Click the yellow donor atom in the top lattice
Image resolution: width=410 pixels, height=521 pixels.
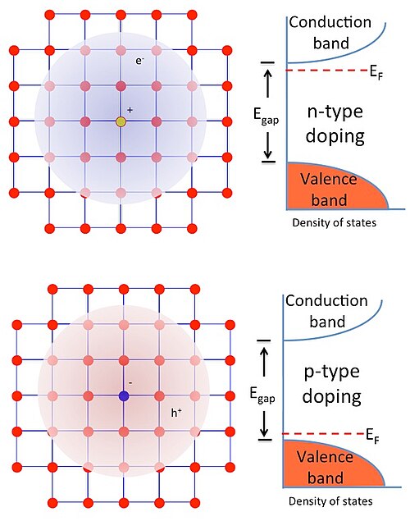tap(121, 122)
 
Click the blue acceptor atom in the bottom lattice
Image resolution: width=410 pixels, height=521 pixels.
tap(124, 395)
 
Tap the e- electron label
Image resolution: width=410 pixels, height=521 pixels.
tap(139, 61)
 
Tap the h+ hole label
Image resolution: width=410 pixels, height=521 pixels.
tap(176, 413)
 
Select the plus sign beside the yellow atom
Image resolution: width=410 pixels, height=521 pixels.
tap(130, 110)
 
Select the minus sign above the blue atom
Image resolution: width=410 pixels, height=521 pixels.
tap(130, 383)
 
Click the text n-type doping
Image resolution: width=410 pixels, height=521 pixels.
tap(335, 124)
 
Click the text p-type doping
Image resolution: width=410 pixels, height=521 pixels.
tap(331, 384)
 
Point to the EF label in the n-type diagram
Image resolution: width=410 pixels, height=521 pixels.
tap(376, 72)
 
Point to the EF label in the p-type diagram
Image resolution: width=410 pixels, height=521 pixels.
tap(372, 436)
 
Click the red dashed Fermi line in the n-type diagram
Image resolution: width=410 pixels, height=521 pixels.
tap(327, 70)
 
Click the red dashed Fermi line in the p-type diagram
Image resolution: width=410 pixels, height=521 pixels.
tap(323, 433)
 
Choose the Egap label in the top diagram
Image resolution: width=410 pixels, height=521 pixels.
tap(266, 116)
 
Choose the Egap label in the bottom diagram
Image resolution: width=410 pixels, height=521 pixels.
tap(262, 395)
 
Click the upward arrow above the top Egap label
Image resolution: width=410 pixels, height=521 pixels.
tap(268, 84)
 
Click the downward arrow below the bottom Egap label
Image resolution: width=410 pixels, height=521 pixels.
tap(264, 425)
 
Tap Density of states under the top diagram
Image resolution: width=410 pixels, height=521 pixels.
tap(335, 222)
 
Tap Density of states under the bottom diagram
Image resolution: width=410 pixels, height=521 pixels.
tap(330, 501)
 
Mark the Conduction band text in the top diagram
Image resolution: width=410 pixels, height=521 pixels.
tap(330, 33)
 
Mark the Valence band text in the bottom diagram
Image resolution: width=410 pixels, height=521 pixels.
tap(325, 468)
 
